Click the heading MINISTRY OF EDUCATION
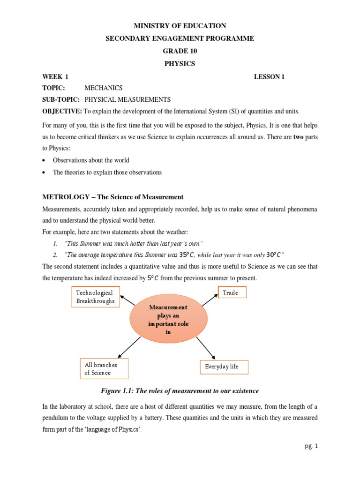(x=180, y=26)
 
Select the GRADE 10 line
(x=180, y=51)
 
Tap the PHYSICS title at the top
(x=180, y=63)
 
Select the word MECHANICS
(x=103, y=88)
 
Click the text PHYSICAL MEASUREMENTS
(x=127, y=100)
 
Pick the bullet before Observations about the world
(x=44, y=160)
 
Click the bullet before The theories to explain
(x=44, y=172)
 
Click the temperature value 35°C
(x=187, y=255)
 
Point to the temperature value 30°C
(x=274, y=255)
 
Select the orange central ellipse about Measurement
(x=168, y=320)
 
